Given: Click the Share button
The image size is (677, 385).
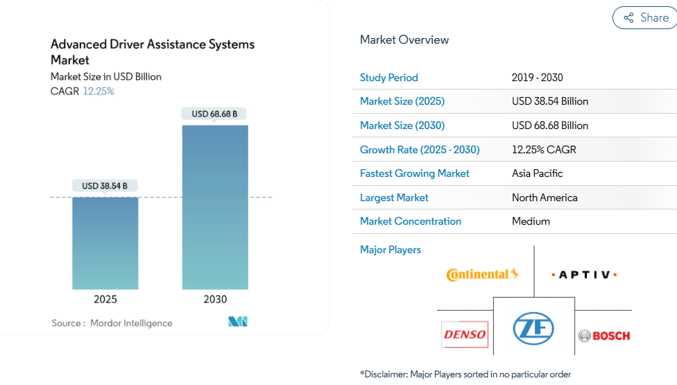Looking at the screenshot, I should [x=646, y=18].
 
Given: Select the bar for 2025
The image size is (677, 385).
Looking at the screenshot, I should [x=105, y=243].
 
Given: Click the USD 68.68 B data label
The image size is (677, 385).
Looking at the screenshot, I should [x=214, y=114].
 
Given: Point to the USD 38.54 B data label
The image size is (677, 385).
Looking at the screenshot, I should [x=105, y=186].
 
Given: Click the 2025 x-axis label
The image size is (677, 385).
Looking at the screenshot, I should [x=105, y=300].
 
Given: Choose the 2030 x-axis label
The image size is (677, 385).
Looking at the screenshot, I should [x=215, y=300].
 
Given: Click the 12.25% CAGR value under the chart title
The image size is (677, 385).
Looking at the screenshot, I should [x=98, y=92].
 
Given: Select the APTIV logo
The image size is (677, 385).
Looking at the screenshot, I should [x=584, y=275].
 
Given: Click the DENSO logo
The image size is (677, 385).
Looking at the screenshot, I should [x=465, y=335].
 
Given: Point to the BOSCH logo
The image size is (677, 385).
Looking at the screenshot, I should [x=604, y=336].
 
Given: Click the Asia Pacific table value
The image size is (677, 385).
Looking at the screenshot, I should [x=538, y=173].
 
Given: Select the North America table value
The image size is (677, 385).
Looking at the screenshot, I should [x=545, y=198].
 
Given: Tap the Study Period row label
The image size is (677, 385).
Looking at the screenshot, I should [x=389, y=78].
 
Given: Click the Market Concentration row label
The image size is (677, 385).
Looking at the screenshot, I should [x=411, y=221].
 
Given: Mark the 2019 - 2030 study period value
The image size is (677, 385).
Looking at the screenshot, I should [x=538, y=78].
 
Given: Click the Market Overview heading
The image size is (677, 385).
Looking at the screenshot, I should [x=404, y=40].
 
